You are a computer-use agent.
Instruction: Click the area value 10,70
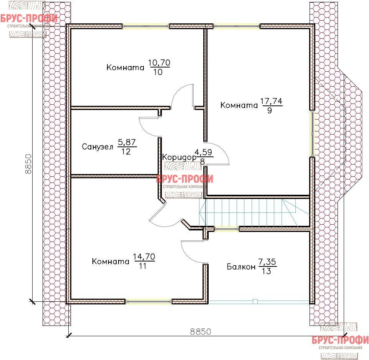click(x=159, y=63)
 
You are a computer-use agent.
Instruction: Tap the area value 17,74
click(x=271, y=101)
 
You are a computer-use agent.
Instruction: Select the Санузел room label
click(x=97, y=147)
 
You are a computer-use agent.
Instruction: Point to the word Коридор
click(x=179, y=157)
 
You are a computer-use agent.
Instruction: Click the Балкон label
click(x=241, y=267)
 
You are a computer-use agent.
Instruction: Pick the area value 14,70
click(x=144, y=257)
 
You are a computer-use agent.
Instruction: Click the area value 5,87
click(x=127, y=142)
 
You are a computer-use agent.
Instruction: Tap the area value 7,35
click(x=267, y=262)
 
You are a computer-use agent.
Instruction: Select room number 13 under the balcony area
click(x=266, y=271)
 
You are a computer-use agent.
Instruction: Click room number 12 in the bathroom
click(x=126, y=152)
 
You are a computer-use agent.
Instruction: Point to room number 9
click(x=270, y=110)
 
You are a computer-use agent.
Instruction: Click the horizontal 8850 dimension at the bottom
click(x=201, y=332)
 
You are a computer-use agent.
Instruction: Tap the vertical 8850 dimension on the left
click(x=28, y=164)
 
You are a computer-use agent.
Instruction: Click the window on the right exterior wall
click(x=312, y=133)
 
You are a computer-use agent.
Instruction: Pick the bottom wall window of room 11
click(x=148, y=301)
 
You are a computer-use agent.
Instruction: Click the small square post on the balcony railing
click(x=255, y=301)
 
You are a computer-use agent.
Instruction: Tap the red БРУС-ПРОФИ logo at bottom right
click(x=340, y=340)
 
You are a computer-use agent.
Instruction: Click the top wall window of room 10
click(x=146, y=26)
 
